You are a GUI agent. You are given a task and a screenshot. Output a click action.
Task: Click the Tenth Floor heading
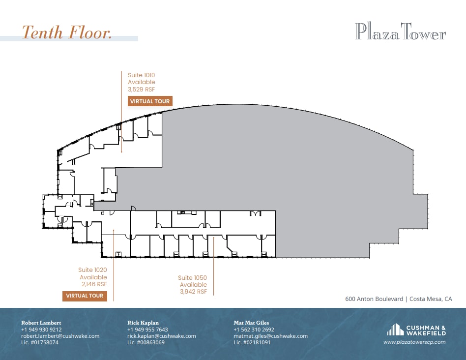[67, 32]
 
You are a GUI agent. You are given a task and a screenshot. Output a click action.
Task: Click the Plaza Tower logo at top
[400, 32]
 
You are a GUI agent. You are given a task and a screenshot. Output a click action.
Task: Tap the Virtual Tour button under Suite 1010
[150, 101]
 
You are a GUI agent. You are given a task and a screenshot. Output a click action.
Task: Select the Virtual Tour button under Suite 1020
[85, 296]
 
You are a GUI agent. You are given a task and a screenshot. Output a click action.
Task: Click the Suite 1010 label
[141, 75]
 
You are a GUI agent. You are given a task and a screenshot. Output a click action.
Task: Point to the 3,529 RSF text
[141, 89]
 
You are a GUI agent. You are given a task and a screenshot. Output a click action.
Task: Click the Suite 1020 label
[92, 270]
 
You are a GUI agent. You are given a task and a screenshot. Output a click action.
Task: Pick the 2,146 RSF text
[93, 284]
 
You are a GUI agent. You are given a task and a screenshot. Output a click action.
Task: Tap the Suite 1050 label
[192, 278]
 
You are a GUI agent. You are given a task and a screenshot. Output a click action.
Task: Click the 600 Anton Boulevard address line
[398, 299]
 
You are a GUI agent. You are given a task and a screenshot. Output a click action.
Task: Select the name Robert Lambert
[41, 323]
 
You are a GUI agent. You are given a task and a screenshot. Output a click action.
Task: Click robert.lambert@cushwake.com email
[60, 336]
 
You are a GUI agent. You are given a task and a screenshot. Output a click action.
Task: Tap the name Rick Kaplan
[143, 323]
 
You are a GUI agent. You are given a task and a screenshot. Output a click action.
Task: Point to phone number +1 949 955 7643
[147, 330]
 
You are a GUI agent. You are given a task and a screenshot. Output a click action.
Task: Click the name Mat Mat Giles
[251, 323]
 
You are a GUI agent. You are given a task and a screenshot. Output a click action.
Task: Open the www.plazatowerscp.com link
[414, 342]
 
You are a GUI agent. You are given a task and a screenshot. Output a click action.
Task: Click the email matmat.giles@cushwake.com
[270, 336]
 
